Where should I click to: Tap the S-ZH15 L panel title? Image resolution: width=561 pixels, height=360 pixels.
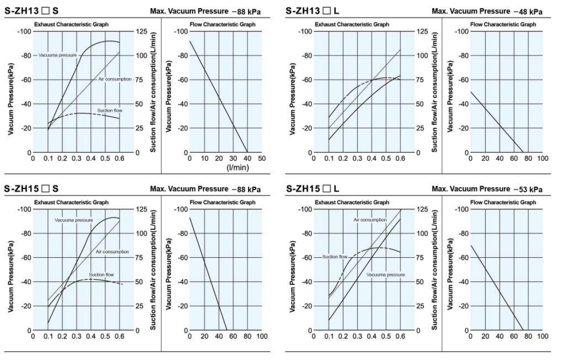(x=312, y=188)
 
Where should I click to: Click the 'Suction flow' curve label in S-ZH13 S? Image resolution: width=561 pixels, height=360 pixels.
(x=110, y=111)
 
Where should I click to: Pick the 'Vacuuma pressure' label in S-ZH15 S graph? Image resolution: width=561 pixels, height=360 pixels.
(x=73, y=220)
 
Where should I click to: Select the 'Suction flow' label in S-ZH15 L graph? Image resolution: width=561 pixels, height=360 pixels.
(x=335, y=257)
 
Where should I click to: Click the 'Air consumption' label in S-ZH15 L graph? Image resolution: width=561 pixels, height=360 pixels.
(x=370, y=220)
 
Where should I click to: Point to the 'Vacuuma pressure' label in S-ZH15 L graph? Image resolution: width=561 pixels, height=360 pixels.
(x=385, y=275)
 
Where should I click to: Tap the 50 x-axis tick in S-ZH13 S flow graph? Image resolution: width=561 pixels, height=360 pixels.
(x=262, y=158)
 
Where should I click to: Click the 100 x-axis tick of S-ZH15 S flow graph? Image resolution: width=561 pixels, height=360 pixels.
(x=262, y=336)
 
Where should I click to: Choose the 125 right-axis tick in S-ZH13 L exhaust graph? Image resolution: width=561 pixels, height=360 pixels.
(x=423, y=32)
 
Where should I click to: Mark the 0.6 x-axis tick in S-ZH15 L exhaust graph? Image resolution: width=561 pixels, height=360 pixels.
(x=400, y=336)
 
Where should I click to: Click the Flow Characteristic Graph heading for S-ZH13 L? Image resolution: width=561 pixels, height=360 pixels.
(x=503, y=24)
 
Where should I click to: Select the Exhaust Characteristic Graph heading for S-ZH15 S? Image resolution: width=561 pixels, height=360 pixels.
(x=70, y=202)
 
